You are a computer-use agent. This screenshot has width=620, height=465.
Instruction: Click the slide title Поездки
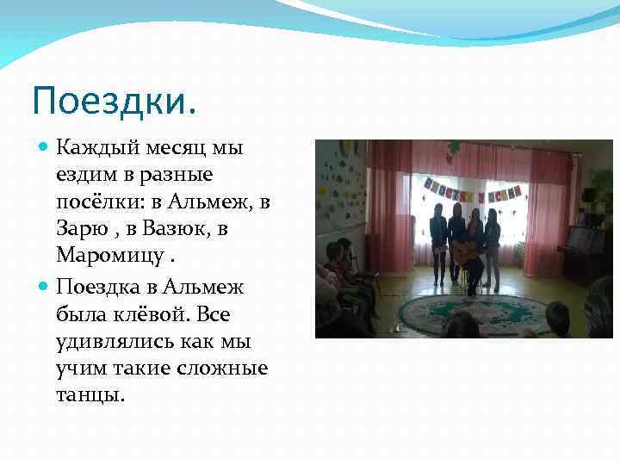click(x=114, y=102)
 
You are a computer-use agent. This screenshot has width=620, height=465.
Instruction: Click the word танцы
click(x=90, y=395)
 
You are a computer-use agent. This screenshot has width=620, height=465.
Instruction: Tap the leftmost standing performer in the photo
click(x=438, y=240)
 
